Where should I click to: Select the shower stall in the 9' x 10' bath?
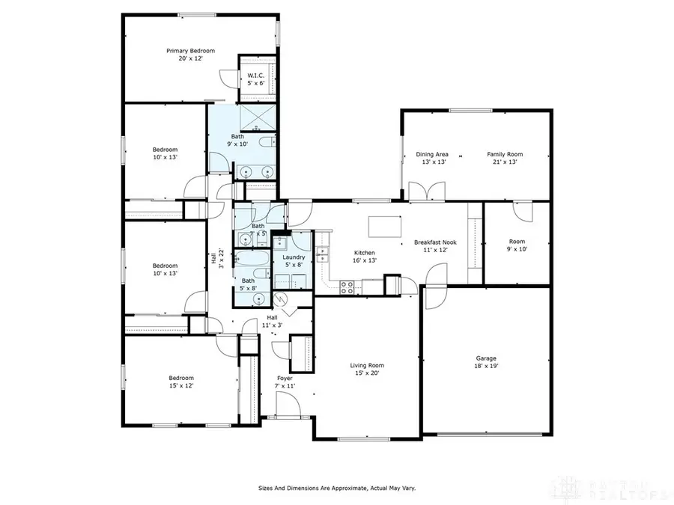coord(258,118)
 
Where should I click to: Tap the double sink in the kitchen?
coord(324,255)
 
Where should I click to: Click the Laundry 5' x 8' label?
coord(293,260)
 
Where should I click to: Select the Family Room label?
coord(506,158)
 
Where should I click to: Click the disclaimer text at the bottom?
coord(337,488)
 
